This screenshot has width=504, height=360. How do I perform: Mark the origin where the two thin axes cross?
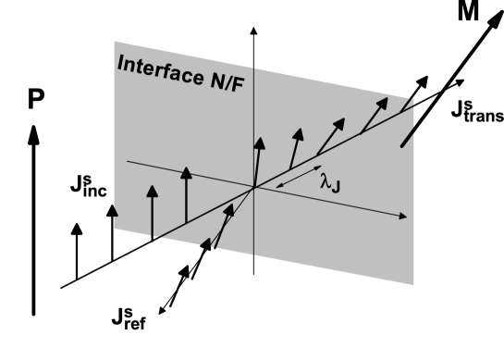coord(253,188)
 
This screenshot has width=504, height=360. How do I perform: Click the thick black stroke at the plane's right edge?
coord(406,137)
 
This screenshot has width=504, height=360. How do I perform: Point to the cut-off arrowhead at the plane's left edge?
coord(115,211)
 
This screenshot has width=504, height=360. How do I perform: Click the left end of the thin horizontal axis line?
coord(128,161)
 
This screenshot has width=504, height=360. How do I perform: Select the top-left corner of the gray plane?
coord(115,41)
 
